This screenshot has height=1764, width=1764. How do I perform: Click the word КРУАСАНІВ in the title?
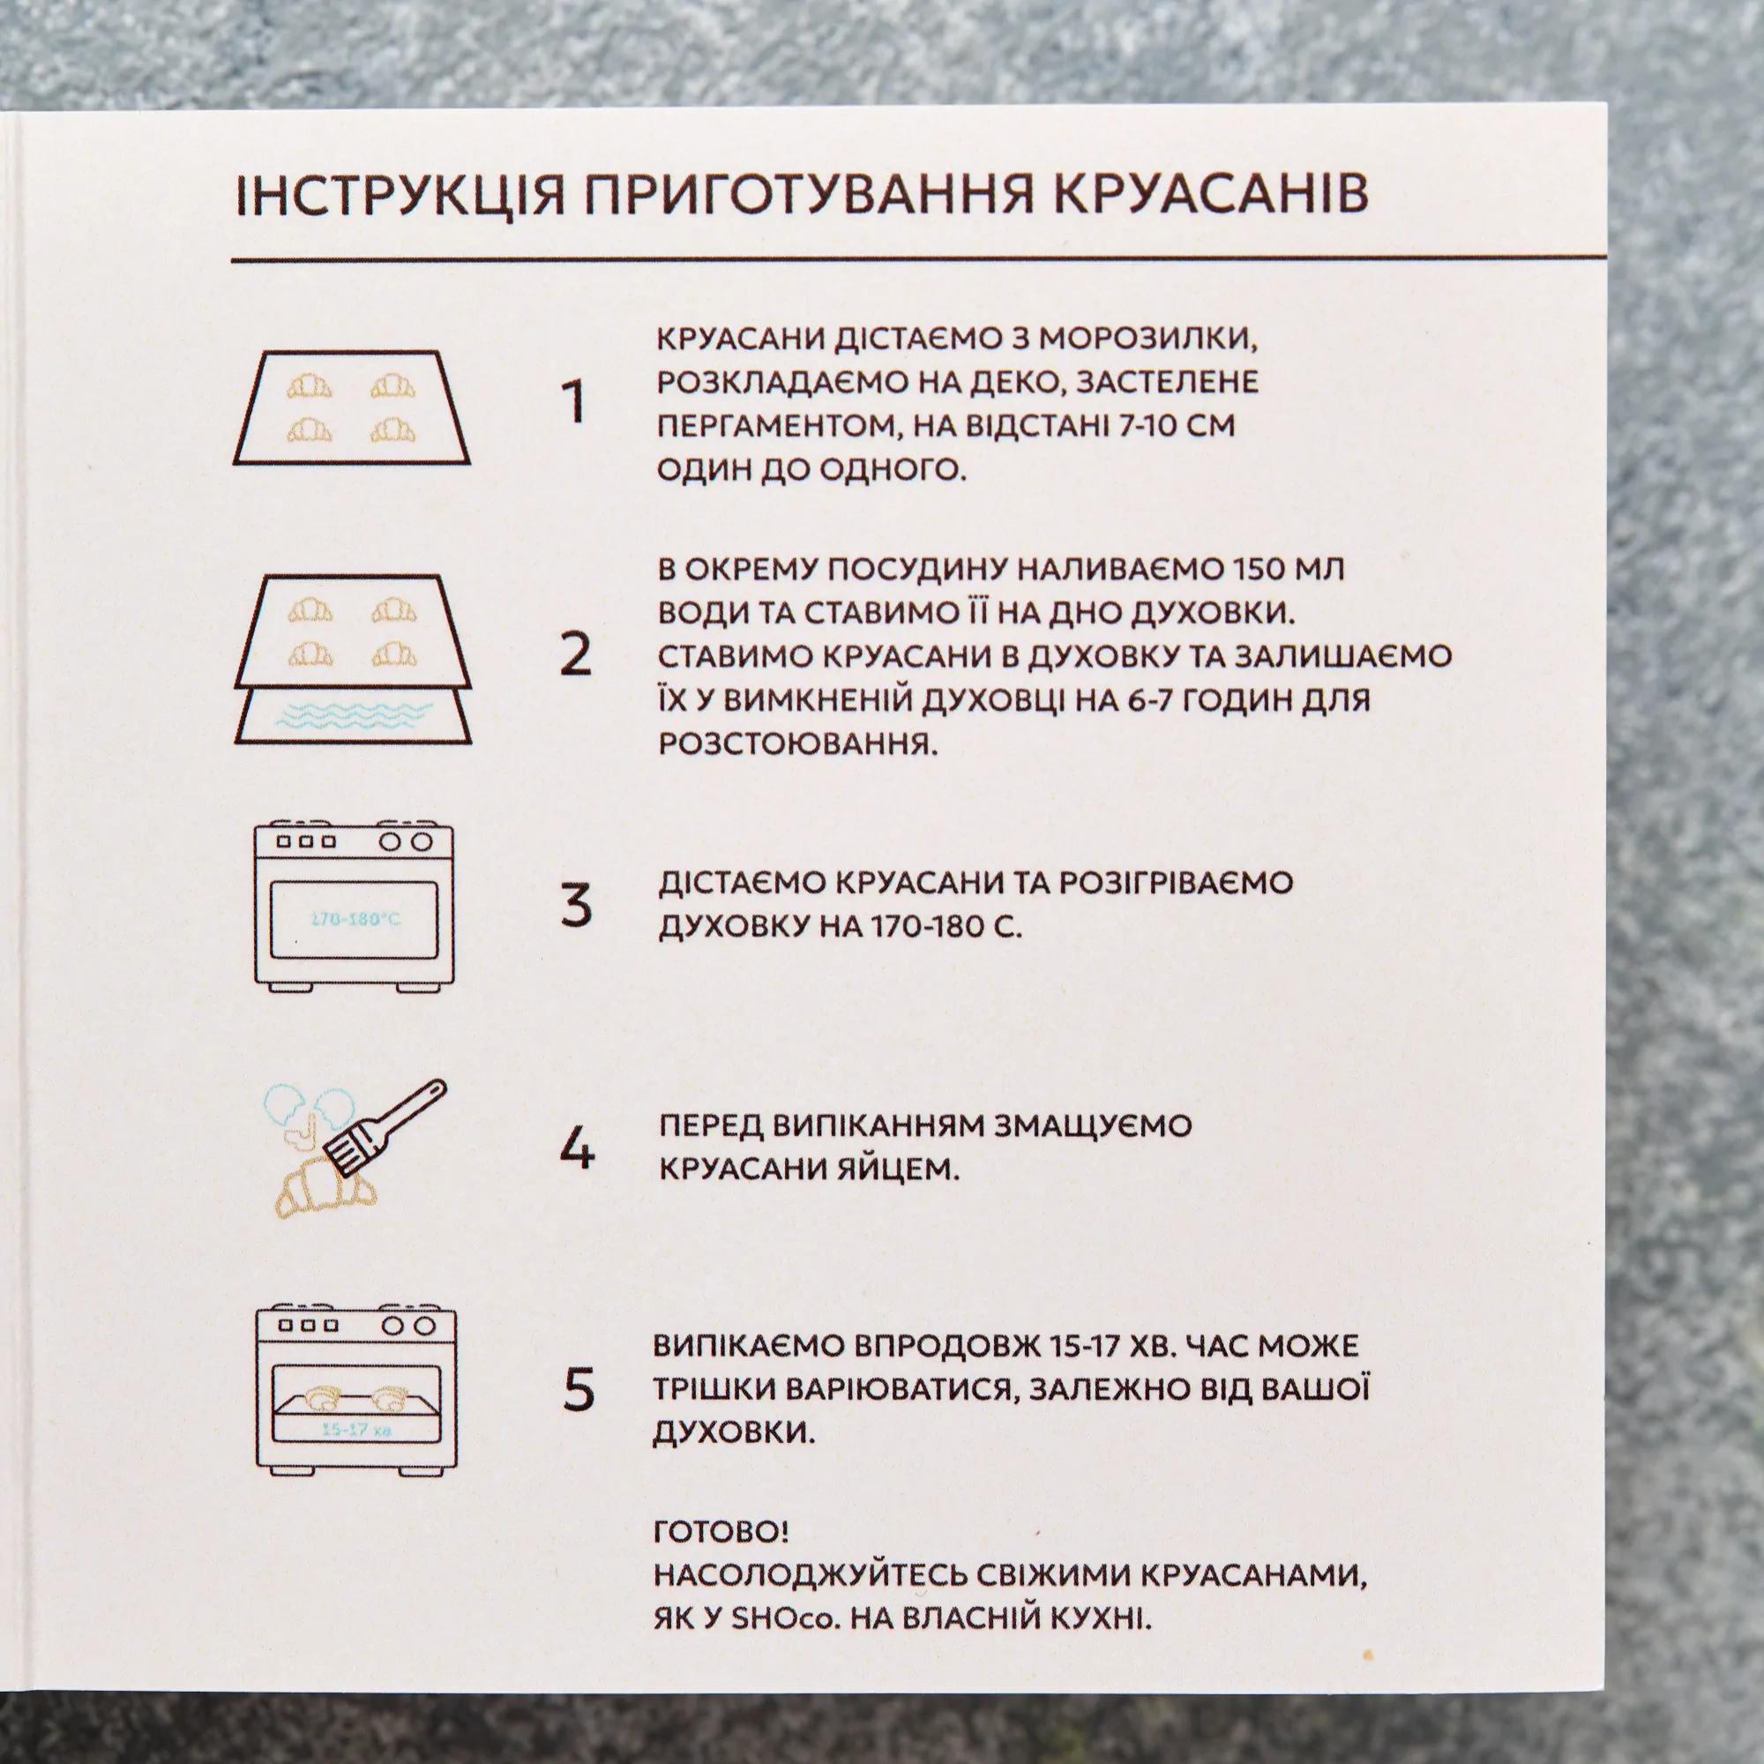pos(1211,194)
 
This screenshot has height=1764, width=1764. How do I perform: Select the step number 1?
pos(573,403)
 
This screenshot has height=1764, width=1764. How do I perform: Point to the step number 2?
pos(576,654)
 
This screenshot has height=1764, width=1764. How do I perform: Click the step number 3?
pos(576,906)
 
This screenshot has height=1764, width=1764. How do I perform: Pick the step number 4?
pos(577,1147)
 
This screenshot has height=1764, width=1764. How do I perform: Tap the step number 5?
pos(579,1390)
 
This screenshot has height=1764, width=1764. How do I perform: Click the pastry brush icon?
pos(386,1129)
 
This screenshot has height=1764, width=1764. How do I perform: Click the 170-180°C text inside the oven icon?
pos(355,918)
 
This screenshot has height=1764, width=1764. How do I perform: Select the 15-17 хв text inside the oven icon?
pos(356,1429)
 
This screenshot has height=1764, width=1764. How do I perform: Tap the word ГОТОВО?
pos(721,1531)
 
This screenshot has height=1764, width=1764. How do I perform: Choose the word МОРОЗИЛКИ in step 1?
pos(1147,339)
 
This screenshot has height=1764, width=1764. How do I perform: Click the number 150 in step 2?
pos(1260,569)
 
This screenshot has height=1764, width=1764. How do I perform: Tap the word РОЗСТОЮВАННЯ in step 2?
pos(798,744)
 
